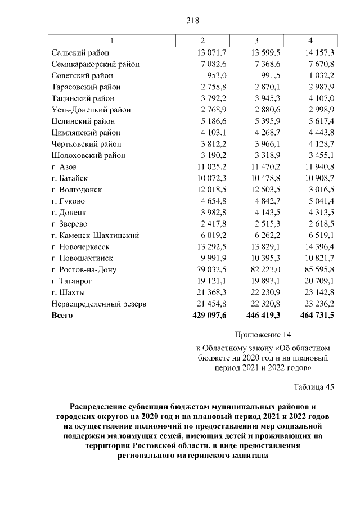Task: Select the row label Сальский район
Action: coord(77,52)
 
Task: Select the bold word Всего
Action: coord(62,316)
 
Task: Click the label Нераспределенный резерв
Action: coord(98,304)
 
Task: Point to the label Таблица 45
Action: coord(313,387)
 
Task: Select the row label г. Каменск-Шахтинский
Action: coord(94,236)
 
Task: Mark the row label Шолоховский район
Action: coord(88,155)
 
